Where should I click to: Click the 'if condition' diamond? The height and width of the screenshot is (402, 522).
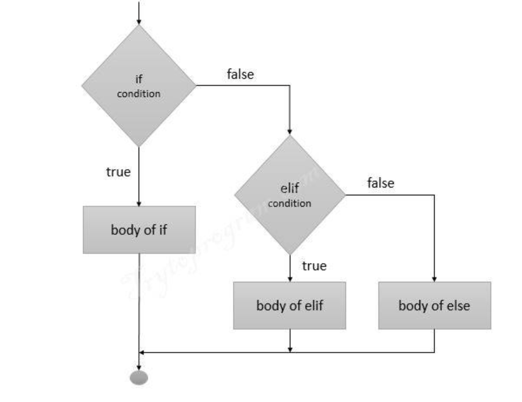point(139,86)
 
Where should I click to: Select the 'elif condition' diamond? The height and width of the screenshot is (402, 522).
point(290,195)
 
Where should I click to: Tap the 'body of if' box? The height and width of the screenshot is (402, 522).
point(139,230)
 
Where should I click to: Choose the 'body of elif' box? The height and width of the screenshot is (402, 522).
point(290,306)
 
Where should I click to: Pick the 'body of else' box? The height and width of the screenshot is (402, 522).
point(435,306)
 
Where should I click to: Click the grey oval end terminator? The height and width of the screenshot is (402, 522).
point(139,378)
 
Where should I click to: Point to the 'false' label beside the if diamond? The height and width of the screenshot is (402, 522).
point(240,74)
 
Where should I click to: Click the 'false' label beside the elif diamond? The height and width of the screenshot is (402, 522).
point(381,183)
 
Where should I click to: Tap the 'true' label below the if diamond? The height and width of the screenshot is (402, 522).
point(118,172)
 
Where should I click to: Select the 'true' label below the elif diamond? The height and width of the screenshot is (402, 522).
point(314,266)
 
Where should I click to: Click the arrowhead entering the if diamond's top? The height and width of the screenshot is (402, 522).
point(139,21)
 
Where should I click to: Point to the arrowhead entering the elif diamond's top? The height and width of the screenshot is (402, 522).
point(290,131)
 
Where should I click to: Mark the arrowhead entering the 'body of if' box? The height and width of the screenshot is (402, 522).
point(139,202)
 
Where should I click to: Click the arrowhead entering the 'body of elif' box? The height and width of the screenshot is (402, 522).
point(290,278)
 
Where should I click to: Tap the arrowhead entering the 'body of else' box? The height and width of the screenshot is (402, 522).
point(435,278)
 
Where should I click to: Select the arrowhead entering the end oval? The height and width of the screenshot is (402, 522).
point(139,366)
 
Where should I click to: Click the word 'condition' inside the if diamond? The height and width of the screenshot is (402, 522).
point(139,93)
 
